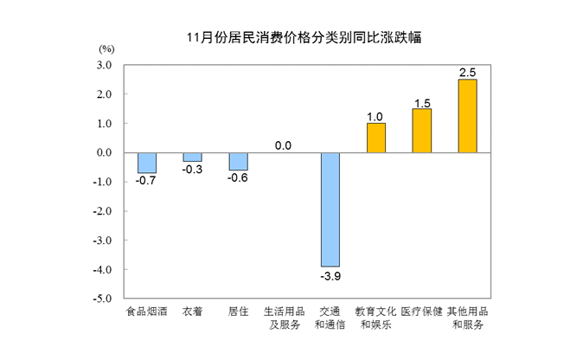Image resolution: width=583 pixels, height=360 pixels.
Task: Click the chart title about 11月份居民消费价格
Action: (291, 38)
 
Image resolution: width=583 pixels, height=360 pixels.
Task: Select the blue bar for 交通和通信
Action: (330, 209)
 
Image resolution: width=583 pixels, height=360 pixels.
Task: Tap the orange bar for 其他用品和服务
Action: (467, 116)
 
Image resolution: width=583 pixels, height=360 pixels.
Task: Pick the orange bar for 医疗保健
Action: (422, 131)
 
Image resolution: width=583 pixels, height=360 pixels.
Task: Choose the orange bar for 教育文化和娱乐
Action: (376, 138)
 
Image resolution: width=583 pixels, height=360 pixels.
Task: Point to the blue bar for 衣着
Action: (192, 157)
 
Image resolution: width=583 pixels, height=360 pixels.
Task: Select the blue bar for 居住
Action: (238, 161)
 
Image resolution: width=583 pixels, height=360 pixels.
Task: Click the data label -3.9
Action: (330, 276)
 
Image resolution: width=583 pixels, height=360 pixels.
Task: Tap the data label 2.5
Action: (467, 71)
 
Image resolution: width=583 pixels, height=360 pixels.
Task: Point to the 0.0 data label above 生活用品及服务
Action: (284, 145)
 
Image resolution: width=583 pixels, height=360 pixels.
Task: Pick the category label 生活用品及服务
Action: (284, 318)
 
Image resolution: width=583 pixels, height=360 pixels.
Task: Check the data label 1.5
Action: (422, 101)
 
